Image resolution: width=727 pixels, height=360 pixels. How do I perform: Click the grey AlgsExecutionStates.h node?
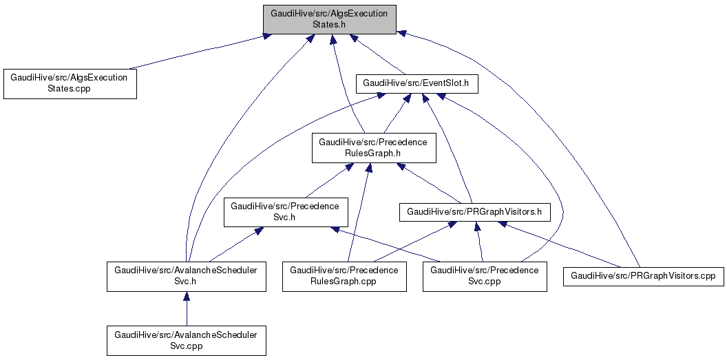330,19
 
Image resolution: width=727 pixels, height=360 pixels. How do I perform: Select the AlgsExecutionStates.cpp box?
69,83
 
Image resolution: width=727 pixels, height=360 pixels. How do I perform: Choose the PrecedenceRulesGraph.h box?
373,148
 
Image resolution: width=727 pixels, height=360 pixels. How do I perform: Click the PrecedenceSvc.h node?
285,212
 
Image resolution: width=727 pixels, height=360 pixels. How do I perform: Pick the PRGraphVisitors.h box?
475,212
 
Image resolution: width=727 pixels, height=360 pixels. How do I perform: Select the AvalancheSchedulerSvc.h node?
186,276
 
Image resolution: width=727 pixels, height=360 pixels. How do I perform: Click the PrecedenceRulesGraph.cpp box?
344,276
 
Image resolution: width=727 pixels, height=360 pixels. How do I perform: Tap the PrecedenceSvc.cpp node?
485,276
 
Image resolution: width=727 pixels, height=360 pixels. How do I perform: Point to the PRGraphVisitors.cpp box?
644,276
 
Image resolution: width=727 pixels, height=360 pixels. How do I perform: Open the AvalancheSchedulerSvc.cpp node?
186,340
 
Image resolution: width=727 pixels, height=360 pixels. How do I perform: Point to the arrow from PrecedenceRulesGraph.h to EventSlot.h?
395,114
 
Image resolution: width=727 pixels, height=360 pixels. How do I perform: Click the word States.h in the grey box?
330,24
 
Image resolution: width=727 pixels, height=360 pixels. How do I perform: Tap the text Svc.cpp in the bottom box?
186,346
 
